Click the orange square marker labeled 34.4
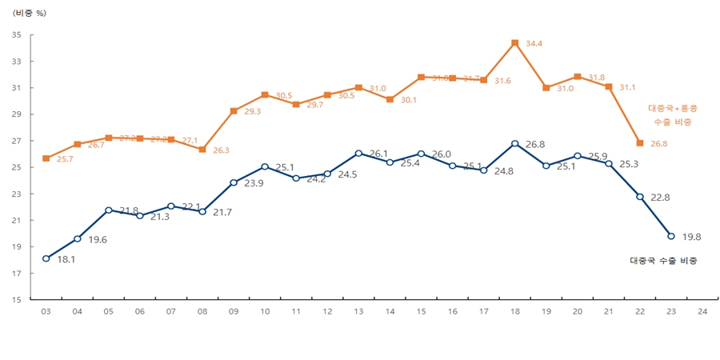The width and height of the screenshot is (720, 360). click(514, 43)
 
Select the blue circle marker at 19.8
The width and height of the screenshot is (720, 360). click(671, 236)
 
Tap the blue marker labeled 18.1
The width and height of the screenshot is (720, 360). click(46, 258)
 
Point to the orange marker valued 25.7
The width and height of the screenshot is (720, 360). click(46, 158)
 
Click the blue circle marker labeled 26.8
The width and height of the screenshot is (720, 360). click(514, 144)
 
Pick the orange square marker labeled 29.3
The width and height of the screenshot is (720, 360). click(234, 111)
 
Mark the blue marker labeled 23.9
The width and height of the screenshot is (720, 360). click(234, 182)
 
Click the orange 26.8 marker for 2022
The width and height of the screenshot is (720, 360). click(640, 143)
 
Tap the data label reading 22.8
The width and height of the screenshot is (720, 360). click(662, 198)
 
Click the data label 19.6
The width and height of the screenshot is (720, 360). click(98, 239)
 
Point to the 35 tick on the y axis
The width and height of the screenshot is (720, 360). click(17, 34)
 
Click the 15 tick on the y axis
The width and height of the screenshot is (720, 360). click(17, 300)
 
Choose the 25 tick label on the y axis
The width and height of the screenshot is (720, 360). click(17, 167)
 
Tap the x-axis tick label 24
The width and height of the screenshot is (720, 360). click(702, 310)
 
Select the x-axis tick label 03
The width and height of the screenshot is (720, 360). click(46, 310)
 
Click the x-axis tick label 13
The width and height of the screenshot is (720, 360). click(358, 310)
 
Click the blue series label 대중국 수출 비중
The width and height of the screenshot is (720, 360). click(663, 260)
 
